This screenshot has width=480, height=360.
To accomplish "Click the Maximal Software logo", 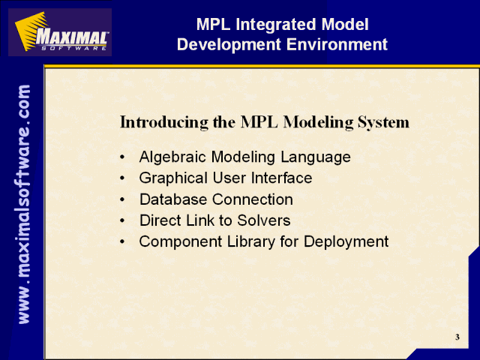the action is tap(60, 32).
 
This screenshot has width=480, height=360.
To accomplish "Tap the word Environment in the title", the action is tap(337, 44).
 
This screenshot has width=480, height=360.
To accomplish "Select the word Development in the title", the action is tap(229, 45).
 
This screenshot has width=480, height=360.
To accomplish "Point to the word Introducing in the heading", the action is tap(164, 121).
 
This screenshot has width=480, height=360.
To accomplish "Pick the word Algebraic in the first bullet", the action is tap(172, 157).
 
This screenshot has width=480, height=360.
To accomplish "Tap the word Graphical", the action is tap(173, 178).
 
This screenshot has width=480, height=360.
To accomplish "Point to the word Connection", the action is tap(253, 199).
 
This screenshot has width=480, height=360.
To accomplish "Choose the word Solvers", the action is tap(264, 220).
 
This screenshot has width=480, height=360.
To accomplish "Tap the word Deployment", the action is tap(346, 241).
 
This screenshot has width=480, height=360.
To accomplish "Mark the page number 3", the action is tap(457, 337).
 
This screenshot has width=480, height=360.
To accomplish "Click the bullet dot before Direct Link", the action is tap(122, 220).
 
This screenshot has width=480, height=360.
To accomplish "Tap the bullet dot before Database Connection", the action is tap(122, 199).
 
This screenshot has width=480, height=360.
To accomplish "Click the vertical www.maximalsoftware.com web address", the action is tap(24, 204).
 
